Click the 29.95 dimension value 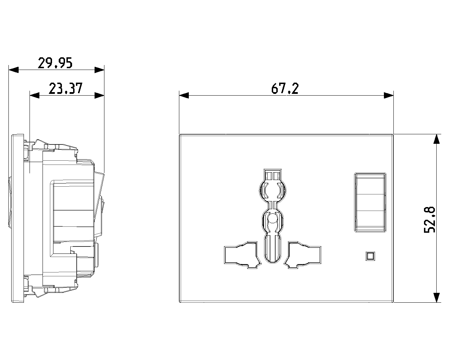pos(55,63)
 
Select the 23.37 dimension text pos(66,89)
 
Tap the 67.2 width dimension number pos(285,89)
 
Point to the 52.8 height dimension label pos(430,220)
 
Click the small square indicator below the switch pos(370,256)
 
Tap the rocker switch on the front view pos(370,202)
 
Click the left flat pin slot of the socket pos(243,255)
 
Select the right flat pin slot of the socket pos(302,255)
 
